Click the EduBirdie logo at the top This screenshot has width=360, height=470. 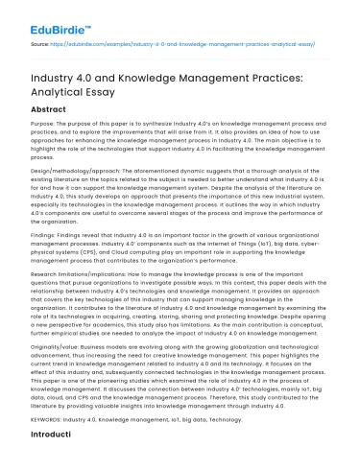click(x=48, y=12)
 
